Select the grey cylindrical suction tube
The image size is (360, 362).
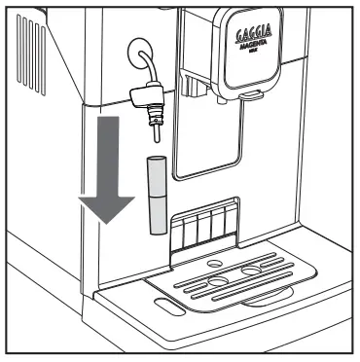pyautogui.click(x=154, y=194)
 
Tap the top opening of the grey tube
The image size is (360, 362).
pyautogui.click(x=154, y=158)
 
